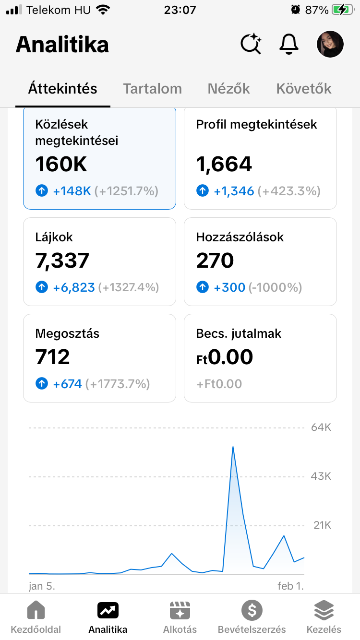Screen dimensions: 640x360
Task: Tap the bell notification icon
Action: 289,45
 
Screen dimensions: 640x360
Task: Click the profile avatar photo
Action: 330,45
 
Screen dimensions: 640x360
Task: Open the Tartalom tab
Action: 153,89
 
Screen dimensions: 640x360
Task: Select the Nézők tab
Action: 229,89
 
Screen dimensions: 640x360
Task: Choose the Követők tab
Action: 304,89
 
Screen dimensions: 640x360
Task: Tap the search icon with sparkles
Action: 251,45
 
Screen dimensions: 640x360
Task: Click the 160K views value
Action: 61,165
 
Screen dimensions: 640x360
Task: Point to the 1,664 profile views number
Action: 224,165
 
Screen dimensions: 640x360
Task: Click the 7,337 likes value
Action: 62,261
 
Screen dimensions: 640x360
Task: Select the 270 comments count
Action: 215,261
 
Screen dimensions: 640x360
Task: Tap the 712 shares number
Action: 53,357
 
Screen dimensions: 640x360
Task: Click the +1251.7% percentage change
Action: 126,191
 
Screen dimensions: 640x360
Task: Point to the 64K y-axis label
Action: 321,427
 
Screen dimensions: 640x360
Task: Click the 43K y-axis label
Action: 321,476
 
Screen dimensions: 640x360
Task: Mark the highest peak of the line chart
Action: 233,447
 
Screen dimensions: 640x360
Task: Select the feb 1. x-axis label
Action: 290,586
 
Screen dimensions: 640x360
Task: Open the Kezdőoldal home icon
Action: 36,611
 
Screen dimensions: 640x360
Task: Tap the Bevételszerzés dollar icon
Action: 252,611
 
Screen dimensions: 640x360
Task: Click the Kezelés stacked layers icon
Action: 324,611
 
